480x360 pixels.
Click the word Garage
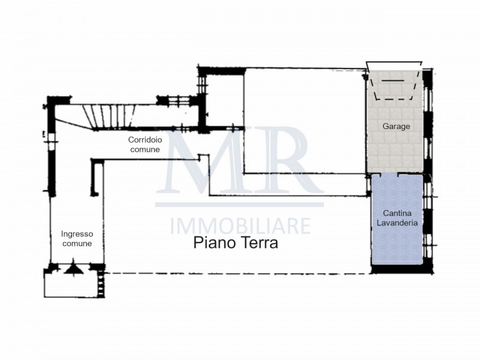pyautogui.click(x=397, y=127)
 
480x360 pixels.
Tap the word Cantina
pyautogui.click(x=397, y=213)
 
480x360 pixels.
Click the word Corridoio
pyautogui.click(x=144, y=140)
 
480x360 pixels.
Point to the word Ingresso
pyautogui.click(x=77, y=234)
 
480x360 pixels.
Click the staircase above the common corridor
pyautogui.click(x=111, y=115)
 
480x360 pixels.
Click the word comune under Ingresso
pyautogui.click(x=77, y=244)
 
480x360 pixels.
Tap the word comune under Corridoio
pyautogui.click(x=144, y=149)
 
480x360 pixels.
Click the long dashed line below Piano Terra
pyautogui.click(x=240, y=274)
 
